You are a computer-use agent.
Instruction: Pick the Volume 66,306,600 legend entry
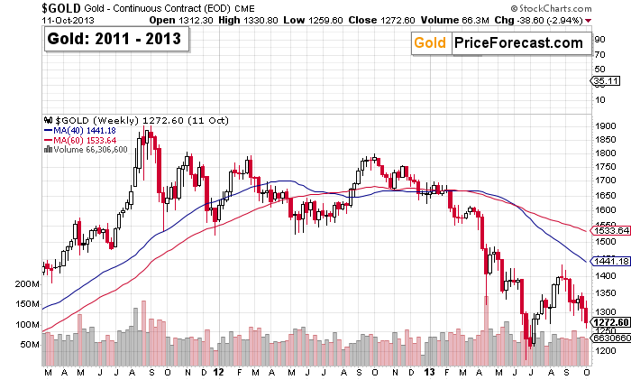pos(91,150)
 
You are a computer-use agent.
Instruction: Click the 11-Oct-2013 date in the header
pos(25,19)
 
